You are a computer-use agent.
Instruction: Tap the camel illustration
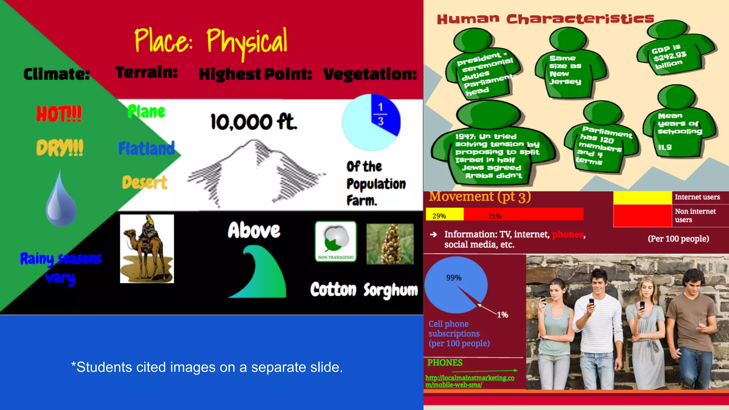(147, 248)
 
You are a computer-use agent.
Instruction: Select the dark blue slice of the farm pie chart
(386, 114)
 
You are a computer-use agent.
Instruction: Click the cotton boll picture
(335, 241)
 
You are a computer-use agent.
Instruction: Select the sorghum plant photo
(390, 244)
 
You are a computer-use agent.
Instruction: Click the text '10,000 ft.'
(253, 122)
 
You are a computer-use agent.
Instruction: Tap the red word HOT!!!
(59, 114)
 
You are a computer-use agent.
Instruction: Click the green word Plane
(146, 112)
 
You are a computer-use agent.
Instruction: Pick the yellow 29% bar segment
(445, 215)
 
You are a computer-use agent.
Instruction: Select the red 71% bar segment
(523, 215)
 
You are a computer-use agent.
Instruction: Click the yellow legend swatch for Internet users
(642, 198)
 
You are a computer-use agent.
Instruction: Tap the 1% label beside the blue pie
(502, 315)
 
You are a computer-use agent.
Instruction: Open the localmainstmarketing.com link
(470, 381)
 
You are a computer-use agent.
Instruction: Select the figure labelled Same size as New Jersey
(566, 68)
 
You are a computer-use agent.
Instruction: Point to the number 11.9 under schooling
(665, 147)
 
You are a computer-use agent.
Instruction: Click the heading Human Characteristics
(545, 19)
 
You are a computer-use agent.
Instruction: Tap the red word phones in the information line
(567, 234)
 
